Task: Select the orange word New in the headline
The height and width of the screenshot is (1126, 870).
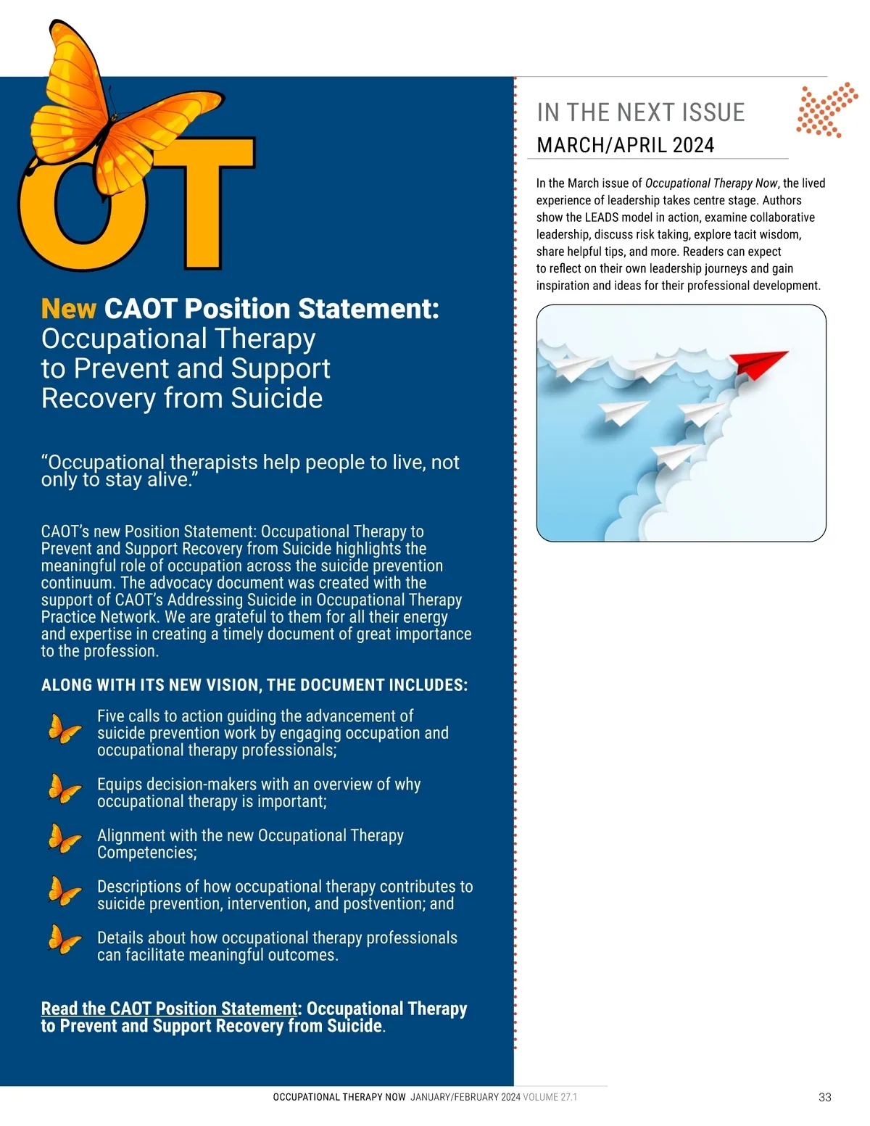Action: pyautogui.click(x=68, y=309)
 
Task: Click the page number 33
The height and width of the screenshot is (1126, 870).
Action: pyautogui.click(x=824, y=1097)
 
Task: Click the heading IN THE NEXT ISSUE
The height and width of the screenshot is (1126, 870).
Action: pyautogui.click(x=641, y=113)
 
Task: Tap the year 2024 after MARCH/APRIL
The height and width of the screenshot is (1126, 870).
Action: pyautogui.click(x=693, y=145)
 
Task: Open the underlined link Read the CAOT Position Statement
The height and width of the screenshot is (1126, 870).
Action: pyautogui.click(x=169, y=1009)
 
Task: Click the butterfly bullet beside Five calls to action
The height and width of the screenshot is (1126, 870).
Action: pyautogui.click(x=65, y=729)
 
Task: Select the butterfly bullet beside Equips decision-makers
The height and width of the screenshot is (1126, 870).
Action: pyautogui.click(x=65, y=789)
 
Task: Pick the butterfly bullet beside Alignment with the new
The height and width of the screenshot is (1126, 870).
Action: pyautogui.click(x=65, y=840)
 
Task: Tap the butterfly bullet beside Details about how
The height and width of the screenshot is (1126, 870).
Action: pyautogui.click(x=65, y=940)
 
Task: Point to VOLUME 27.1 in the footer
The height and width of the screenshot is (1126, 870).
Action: pyautogui.click(x=550, y=1097)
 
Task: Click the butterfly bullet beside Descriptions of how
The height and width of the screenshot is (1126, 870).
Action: pyautogui.click(x=65, y=891)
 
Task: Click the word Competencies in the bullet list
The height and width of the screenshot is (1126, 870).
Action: pyautogui.click(x=146, y=853)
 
